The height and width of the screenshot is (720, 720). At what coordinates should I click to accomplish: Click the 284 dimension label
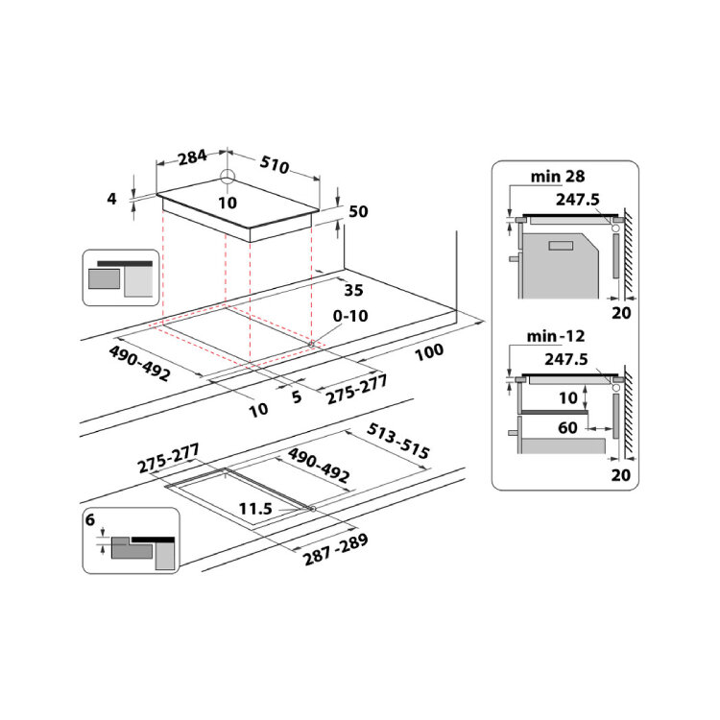click(x=192, y=157)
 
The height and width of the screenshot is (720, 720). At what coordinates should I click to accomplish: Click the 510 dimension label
click(x=275, y=164)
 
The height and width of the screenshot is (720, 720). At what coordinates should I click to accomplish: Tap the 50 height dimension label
click(x=359, y=212)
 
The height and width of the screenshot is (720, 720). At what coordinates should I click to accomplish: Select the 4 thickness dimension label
click(x=111, y=199)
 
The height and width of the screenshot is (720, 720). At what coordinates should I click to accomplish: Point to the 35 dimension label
click(x=353, y=290)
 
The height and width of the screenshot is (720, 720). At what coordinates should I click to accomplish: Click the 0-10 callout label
click(x=350, y=316)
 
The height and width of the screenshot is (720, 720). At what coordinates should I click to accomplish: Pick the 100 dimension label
click(x=429, y=352)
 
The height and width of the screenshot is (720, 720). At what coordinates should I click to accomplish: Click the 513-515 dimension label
click(x=398, y=442)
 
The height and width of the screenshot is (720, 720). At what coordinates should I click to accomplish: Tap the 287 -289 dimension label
click(x=336, y=549)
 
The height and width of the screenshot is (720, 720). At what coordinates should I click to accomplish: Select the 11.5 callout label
click(x=255, y=509)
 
